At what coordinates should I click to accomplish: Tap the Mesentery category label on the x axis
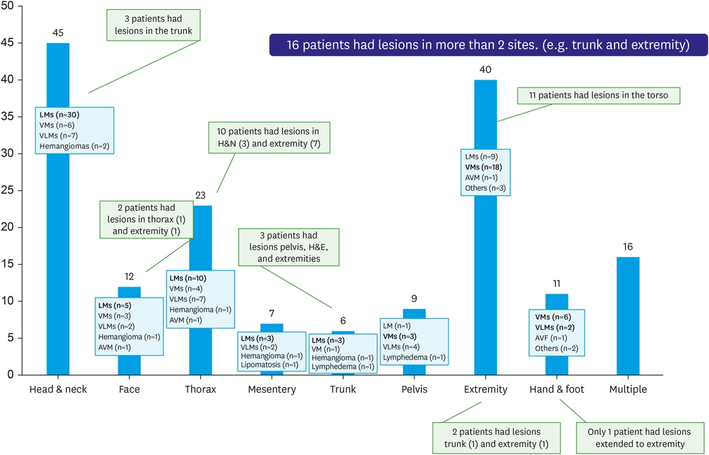[x=272, y=389]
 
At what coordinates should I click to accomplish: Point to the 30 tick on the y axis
[x=9, y=153]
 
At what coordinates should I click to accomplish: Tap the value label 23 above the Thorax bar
[x=200, y=194]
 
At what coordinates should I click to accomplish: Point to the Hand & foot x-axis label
[x=556, y=389]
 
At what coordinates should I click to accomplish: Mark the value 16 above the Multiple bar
[x=628, y=246]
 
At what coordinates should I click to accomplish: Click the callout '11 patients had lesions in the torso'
[x=598, y=96]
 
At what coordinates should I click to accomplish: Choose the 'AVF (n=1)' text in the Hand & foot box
[x=552, y=338]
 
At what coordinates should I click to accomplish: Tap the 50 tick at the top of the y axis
[x=9, y=6]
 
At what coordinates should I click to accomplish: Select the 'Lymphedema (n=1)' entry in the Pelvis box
[x=414, y=357]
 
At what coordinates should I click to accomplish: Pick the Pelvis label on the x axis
[x=414, y=389]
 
